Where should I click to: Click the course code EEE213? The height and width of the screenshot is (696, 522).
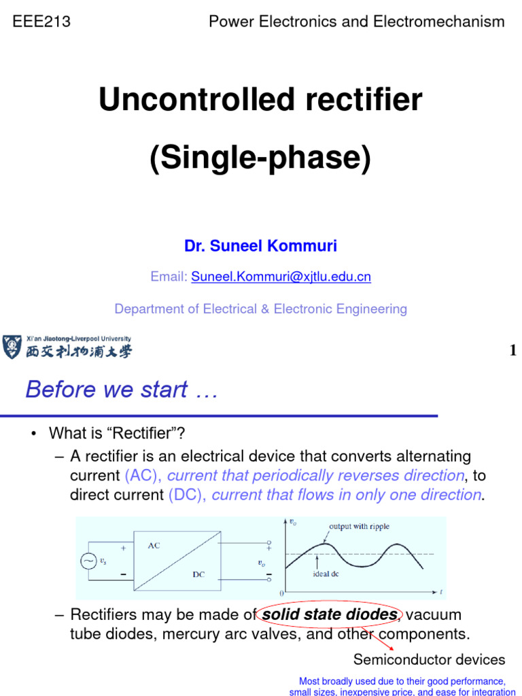(x=42, y=22)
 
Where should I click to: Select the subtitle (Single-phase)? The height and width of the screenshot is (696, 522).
(x=261, y=158)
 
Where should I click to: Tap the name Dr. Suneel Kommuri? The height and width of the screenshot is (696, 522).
(x=260, y=246)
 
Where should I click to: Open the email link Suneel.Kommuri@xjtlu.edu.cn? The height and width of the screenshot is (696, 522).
(x=281, y=277)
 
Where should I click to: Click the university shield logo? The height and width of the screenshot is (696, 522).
(x=12, y=347)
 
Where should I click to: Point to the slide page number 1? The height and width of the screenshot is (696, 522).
(x=512, y=351)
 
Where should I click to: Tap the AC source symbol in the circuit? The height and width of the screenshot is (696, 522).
(x=88, y=561)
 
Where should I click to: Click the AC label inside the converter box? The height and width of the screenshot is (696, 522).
(x=154, y=546)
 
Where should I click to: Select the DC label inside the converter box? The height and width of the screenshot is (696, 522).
(x=198, y=574)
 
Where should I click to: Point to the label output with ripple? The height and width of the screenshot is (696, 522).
(x=359, y=526)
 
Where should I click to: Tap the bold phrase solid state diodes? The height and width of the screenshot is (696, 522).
(x=330, y=615)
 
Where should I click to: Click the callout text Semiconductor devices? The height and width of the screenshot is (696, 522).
(x=429, y=659)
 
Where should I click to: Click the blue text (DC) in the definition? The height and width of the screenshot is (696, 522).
(x=187, y=495)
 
